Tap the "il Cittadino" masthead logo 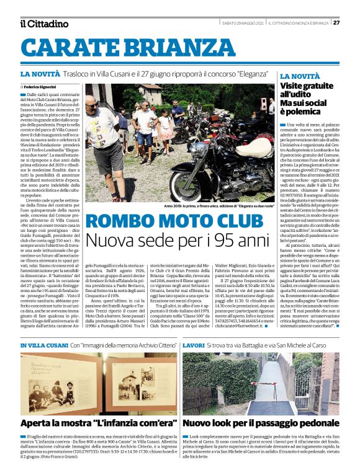point(43,24)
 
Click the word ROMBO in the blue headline point(120,221)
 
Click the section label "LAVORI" point(194,345)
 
